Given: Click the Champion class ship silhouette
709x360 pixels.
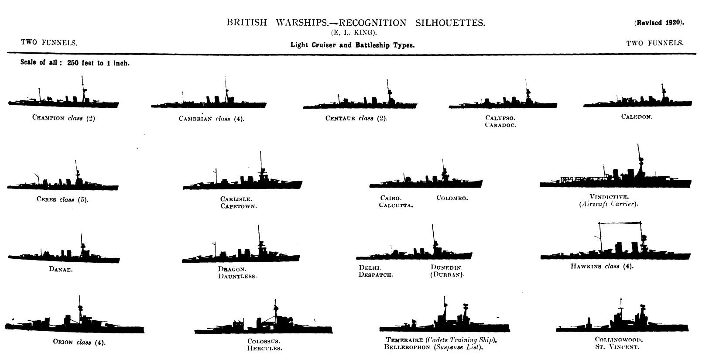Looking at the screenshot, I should (64, 102).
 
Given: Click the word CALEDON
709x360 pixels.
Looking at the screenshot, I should (637, 117).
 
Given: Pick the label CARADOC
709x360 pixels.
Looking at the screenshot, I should (500, 125).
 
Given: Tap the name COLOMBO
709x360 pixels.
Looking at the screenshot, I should (452, 198).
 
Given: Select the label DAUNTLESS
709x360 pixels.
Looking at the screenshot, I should (237, 276).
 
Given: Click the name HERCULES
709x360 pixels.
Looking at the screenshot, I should (264, 348).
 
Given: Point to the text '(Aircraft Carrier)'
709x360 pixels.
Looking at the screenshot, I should (609, 204).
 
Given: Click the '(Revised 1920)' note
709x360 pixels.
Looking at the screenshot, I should (659, 23).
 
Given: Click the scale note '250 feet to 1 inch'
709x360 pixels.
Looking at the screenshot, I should (98, 63).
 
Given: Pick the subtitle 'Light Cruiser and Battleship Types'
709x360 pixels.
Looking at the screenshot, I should (352, 45).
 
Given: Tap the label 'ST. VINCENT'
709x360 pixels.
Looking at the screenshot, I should (617, 347).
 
